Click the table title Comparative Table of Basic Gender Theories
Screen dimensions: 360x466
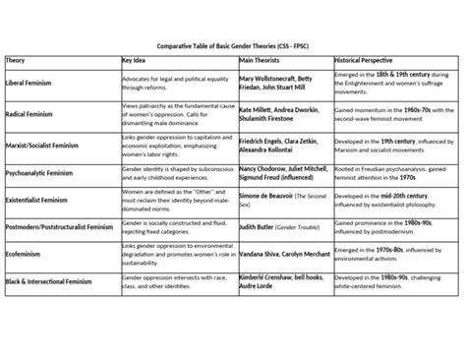(x=232, y=45)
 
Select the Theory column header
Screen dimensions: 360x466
(x=17, y=60)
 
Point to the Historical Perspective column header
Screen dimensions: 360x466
(x=371, y=60)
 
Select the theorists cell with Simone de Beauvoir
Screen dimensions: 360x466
(x=281, y=201)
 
